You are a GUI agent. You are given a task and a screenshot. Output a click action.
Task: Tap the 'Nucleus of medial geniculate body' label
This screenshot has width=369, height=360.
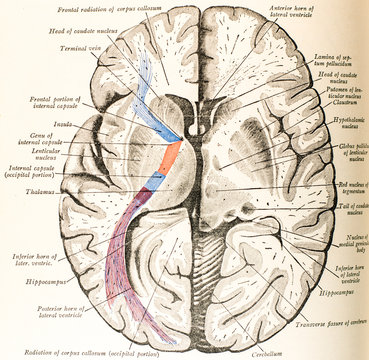(x=347, y=236)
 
